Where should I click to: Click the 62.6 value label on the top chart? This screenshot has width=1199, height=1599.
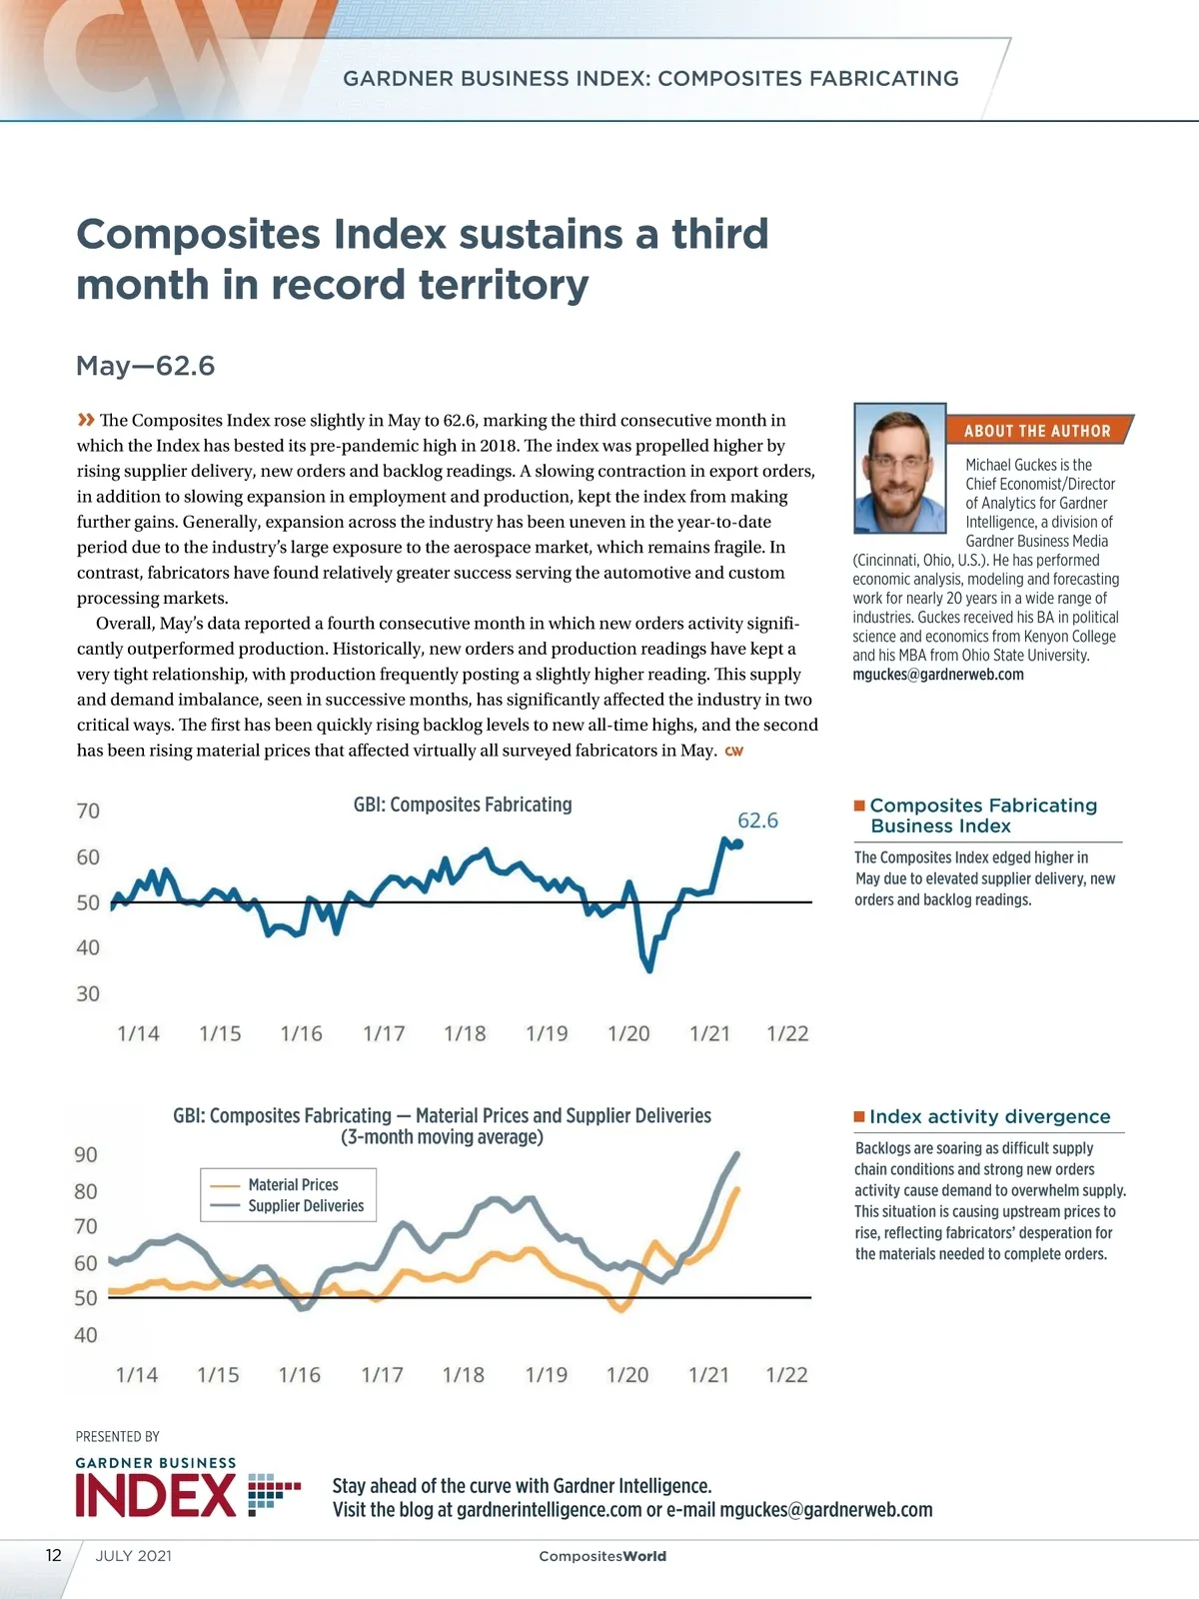coord(757,820)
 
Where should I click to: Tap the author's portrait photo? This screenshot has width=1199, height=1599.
coord(900,469)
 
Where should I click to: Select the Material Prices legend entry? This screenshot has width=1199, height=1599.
coord(293,1185)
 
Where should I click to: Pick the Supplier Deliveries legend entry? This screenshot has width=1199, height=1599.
coord(306,1206)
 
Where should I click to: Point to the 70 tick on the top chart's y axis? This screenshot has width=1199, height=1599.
coord(89,810)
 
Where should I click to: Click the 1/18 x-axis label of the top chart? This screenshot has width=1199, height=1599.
coord(465,1033)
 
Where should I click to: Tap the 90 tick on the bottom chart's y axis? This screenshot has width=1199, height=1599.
coord(86,1155)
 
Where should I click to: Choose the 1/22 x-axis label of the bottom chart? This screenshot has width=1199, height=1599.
coord(786,1375)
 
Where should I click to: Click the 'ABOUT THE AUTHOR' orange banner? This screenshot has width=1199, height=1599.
coord(1037,431)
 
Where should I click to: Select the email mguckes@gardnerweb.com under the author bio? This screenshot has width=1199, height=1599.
coord(938,675)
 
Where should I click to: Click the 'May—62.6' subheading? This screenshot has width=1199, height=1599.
coord(146,366)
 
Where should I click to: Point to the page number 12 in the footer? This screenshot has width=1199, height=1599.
coord(54,1555)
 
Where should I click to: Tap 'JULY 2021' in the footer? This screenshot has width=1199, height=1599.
coord(134,1556)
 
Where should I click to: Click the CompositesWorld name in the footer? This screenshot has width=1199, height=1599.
coord(602,1556)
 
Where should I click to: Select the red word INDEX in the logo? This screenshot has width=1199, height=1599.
coord(156,1496)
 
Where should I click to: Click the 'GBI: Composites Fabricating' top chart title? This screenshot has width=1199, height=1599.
coord(463,804)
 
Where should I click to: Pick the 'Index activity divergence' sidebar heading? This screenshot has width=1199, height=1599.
coord(989,1116)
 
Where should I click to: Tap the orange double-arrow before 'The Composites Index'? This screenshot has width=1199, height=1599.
coord(86,420)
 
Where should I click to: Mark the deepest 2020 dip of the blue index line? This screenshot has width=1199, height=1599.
coord(649,968)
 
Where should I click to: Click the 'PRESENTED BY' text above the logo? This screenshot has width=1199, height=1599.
coord(118,1436)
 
